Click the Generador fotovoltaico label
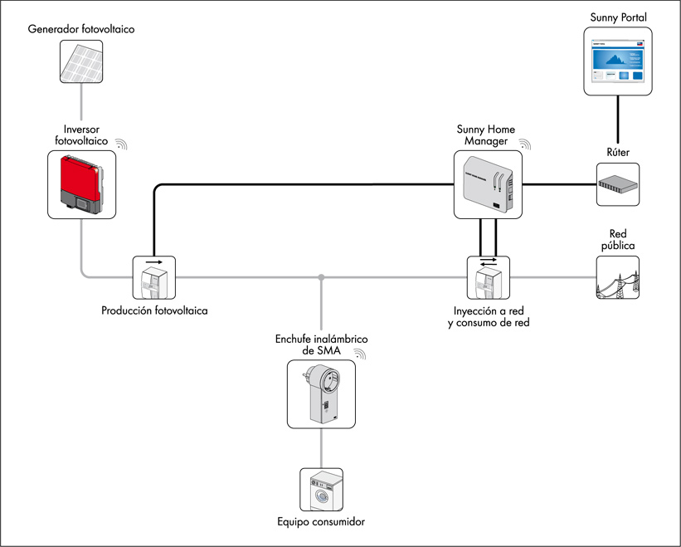tap(81, 30)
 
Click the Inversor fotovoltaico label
tap(80, 135)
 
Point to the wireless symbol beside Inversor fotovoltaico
tap(122, 145)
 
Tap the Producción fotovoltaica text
tap(154, 311)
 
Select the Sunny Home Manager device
tap(489, 185)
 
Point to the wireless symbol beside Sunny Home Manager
tap(525, 144)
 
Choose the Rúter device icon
tap(619, 184)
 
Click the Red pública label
tap(618, 240)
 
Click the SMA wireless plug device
tap(321, 393)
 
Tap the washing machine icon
tap(321, 489)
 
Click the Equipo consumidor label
tap(321, 522)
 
